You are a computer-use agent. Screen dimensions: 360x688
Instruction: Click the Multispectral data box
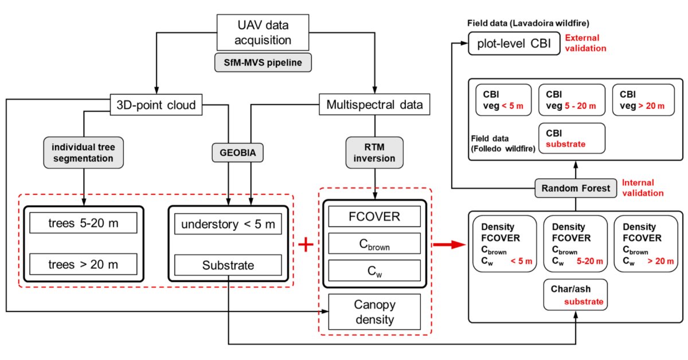(374, 104)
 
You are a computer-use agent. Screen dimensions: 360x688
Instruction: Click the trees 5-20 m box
(84, 222)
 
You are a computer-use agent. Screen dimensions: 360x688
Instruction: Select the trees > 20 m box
(84, 264)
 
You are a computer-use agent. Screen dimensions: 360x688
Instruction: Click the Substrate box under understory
(228, 265)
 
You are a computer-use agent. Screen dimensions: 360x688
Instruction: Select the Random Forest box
(576, 187)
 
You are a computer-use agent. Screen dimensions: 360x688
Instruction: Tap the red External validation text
(585, 44)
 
